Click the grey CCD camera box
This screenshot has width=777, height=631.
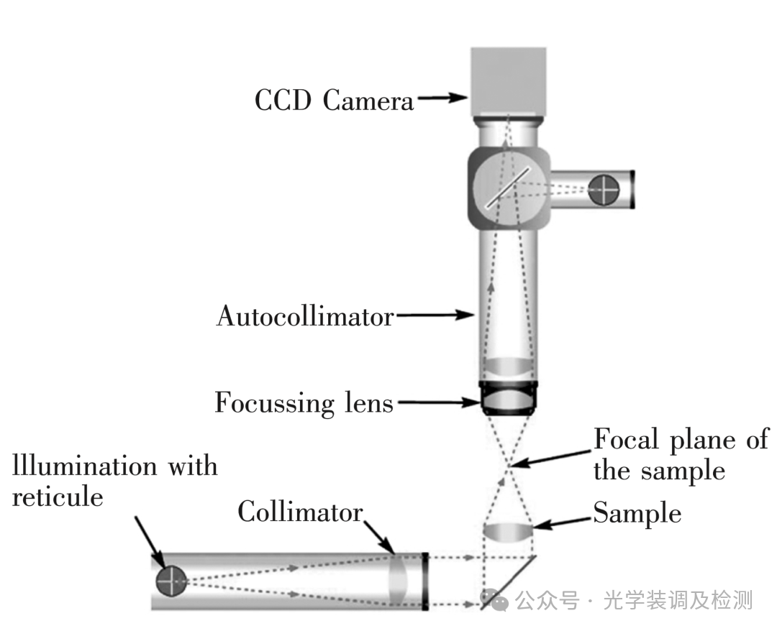[x=509, y=82]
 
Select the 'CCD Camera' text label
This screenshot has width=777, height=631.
[x=334, y=100]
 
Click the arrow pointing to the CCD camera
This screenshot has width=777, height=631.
[x=442, y=98]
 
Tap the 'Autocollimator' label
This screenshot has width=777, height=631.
[x=305, y=315]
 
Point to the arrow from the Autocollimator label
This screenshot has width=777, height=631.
[x=435, y=314]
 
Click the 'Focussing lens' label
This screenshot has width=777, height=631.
[x=304, y=403]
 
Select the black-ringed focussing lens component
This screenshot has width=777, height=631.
[x=509, y=397]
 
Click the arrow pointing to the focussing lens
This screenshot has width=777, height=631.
[x=439, y=402]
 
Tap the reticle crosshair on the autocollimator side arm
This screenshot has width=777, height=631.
[x=604, y=190]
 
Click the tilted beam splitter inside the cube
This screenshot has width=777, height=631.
[x=507, y=187]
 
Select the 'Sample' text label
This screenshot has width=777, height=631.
[x=637, y=513]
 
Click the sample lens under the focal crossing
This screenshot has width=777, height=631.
[x=509, y=533]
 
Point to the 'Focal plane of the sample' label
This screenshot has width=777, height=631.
[x=681, y=454]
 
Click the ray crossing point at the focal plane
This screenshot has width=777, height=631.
[x=509, y=466]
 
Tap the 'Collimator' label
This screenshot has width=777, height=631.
[x=300, y=511]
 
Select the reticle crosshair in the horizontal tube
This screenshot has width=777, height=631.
[x=171, y=581]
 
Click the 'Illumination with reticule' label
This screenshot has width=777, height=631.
[x=114, y=481]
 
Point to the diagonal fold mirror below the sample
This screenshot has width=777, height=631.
[x=509, y=583]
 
